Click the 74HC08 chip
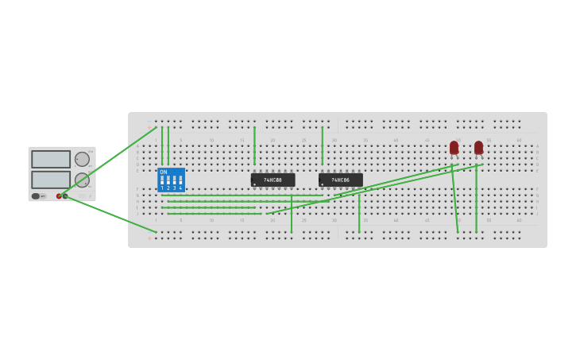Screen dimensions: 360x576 pyautogui.click(x=273, y=180)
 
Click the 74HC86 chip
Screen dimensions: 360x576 pyautogui.click(x=340, y=180)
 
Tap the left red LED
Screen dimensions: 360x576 pyautogui.click(x=454, y=148)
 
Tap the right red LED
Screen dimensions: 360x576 pyautogui.click(x=478, y=148)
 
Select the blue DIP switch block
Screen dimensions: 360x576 pyautogui.click(x=171, y=180)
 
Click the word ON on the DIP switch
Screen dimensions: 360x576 pyautogui.click(x=164, y=172)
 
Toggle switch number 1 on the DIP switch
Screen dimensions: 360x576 pyautogui.click(x=162, y=181)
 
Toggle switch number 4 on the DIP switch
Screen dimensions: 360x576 pyautogui.click(x=180, y=181)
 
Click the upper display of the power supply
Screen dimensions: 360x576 pyautogui.click(x=51, y=159)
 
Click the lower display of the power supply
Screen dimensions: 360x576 pyautogui.click(x=51, y=180)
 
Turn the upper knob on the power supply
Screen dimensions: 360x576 pyautogui.click(x=82, y=159)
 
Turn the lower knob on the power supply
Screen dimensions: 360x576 pyautogui.click(x=82, y=180)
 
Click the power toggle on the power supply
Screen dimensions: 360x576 pyautogui.click(x=37, y=195)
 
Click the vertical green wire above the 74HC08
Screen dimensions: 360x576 pyautogui.click(x=254, y=145)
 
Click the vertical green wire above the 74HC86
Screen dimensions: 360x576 pyautogui.click(x=322, y=145)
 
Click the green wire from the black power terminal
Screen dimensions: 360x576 pyautogui.click(x=111, y=214)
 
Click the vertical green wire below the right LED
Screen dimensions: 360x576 pyautogui.click(x=476, y=199)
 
